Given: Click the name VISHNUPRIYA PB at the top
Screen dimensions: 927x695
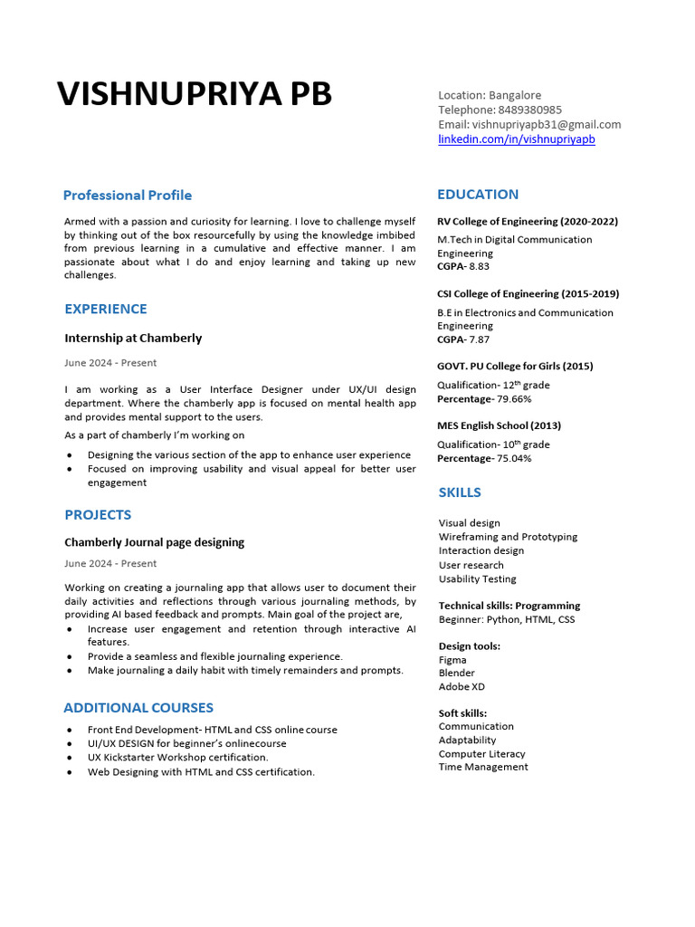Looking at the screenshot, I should pyautogui.click(x=195, y=94).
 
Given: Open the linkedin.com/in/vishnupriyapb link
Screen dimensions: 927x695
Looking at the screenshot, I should pyautogui.click(x=517, y=139).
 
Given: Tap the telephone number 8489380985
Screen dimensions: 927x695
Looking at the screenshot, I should pyautogui.click(x=529, y=110).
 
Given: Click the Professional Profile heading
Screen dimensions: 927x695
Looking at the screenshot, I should pyautogui.click(x=128, y=195).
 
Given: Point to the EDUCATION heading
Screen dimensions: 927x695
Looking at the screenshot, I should pyautogui.click(x=478, y=194).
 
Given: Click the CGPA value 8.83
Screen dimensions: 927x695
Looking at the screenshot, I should pyautogui.click(x=479, y=267).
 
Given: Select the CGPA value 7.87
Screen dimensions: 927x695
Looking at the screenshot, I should pyautogui.click(x=479, y=339).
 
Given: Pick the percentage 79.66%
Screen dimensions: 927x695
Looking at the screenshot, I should pyautogui.click(x=514, y=399).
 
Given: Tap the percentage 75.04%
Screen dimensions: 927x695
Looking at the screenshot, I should pyautogui.click(x=514, y=458).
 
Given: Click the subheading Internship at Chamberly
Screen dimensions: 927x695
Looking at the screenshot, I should pyautogui.click(x=133, y=338).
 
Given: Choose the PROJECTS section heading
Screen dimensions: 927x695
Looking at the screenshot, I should pyautogui.click(x=98, y=514).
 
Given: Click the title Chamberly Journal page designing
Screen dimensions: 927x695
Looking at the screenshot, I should pyautogui.click(x=154, y=542).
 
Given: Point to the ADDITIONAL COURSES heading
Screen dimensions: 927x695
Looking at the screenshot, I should pyautogui.click(x=138, y=707).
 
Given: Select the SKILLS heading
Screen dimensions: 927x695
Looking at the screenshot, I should pyautogui.click(x=460, y=492).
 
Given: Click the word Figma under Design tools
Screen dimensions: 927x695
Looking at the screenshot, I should pyautogui.click(x=452, y=660).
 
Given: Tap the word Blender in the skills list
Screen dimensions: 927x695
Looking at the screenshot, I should pyautogui.click(x=457, y=674).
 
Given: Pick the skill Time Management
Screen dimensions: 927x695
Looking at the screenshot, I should pyautogui.click(x=483, y=767).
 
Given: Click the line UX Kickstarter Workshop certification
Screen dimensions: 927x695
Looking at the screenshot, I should pyautogui.click(x=178, y=757).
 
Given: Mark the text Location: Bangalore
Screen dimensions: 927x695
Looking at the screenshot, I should pyautogui.click(x=490, y=95).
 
